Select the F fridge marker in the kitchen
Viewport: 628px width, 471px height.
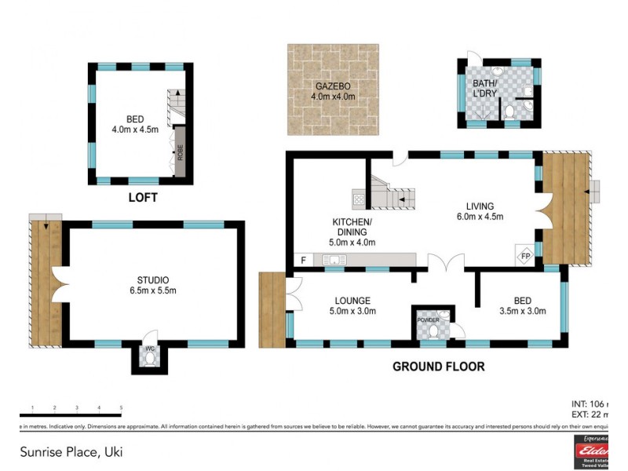tap(303, 260)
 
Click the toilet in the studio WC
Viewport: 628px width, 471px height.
tap(149, 359)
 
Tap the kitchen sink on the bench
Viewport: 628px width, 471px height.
tap(338, 260)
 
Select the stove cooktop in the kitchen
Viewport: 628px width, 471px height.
tap(359, 199)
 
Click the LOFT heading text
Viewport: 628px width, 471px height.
tap(142, 197)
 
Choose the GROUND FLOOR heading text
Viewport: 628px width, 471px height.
tap(438, 366)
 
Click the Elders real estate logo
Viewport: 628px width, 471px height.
tap(593, 451)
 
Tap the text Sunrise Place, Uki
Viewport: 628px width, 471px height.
tap(71, 452)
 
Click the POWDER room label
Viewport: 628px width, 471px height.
tap(428, 319)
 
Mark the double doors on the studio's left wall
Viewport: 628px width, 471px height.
tap(57, 284)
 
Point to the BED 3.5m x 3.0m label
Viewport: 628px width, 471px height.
tap(523, 305)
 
